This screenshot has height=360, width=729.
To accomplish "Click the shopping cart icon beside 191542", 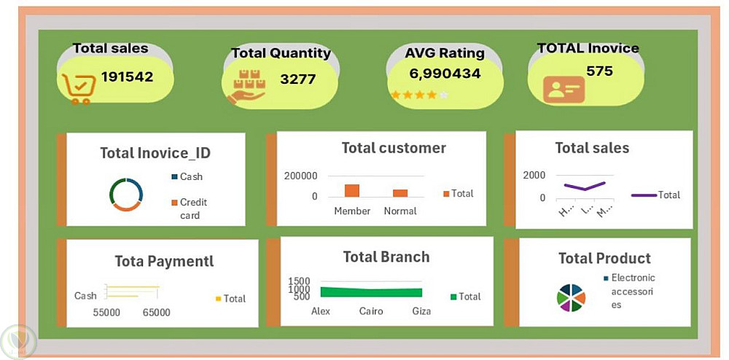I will pyautogui.click(x=78, y=88).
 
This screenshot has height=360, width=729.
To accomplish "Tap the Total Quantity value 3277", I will pyautogui.click(x=297, y=79).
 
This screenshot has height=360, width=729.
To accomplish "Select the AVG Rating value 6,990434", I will pyautogui.click(x=445, y=73).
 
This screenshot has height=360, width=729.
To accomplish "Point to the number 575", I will pyautogui.click(x=599, y=71).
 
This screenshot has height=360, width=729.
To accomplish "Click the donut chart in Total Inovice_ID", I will pyautogui.click(x=126, y=195).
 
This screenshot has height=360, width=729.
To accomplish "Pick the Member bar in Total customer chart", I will pyautogui.click(x=352, y=191).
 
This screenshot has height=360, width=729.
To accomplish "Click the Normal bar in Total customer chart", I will pyautogui.click(x=400, y=193).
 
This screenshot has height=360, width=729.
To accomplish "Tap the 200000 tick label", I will pyautogui.click(x=300, y=176).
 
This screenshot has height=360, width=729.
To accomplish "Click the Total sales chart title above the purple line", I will pyautogui.click(x=592, y=148).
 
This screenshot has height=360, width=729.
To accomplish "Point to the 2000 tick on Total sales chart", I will pyautogui.click(x=534, y=175).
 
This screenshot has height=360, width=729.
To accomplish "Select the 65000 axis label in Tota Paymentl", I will pyautogui.click(x=156, y=313).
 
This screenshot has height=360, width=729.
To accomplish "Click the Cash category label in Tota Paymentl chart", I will pyautogui.click(x=85, y=296).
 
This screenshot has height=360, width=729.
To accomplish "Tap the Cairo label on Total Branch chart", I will pyautogui.click(x=372, y=311).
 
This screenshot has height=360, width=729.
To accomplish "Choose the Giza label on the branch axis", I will pyautogui.click(x=421, y=311).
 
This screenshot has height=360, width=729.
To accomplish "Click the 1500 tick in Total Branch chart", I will pyautogui.click(x=299, y=281).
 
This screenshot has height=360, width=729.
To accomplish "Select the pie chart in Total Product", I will pyautogui.click(x=570, y=297).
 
